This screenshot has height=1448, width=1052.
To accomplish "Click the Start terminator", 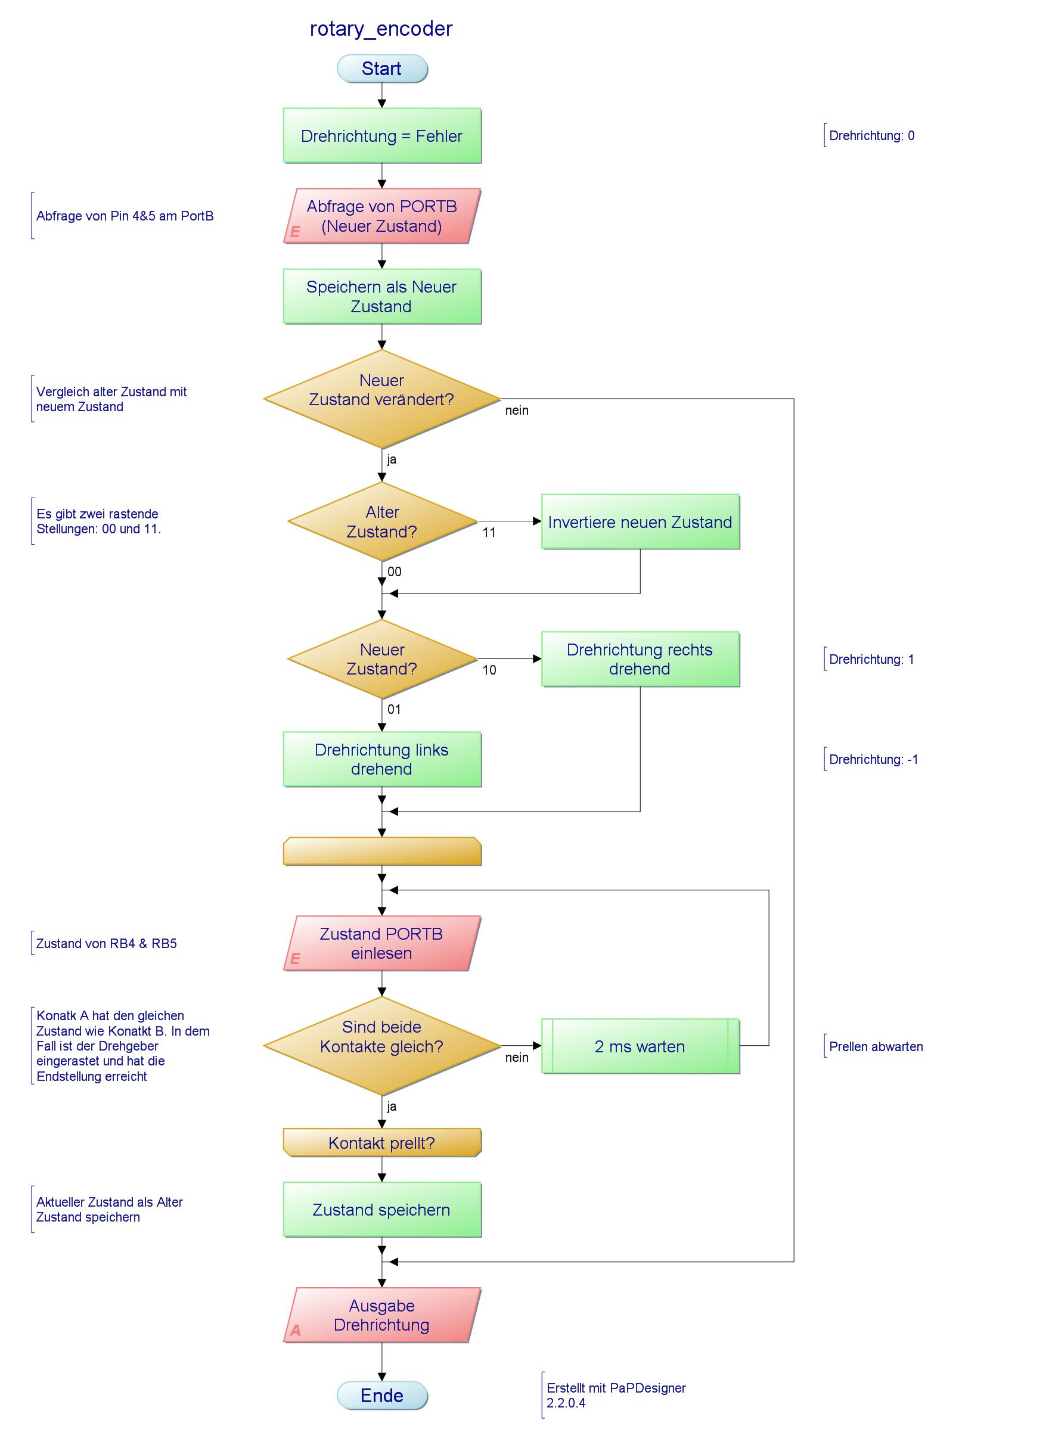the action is point(382,69).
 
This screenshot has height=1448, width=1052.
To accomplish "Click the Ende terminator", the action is point(382,1395).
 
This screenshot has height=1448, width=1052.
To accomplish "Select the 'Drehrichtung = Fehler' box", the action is point(382,135).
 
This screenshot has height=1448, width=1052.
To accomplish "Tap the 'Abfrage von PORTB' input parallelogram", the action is point(382,216).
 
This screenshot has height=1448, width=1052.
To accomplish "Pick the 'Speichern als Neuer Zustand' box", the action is point(382,296).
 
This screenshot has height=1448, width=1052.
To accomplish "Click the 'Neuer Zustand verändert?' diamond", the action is point(382,399).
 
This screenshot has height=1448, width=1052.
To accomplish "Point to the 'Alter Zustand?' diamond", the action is point(382,521).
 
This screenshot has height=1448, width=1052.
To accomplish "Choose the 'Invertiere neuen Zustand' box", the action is point(640,521).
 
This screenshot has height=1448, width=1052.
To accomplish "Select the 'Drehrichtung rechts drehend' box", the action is point(640,659).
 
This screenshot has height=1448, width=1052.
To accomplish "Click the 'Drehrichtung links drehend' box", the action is point(382,759).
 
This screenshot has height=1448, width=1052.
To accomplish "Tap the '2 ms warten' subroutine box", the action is point(640,1046).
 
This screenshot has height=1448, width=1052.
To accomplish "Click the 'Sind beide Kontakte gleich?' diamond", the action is point(382,1046).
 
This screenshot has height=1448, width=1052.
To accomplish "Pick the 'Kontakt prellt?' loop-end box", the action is point(382,1142).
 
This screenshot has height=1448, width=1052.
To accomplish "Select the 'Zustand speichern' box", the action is point(382,1209).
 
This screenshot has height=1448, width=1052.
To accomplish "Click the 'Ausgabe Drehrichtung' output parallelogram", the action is point(382,1315).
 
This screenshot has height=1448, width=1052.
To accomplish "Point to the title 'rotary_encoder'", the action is point(381,29).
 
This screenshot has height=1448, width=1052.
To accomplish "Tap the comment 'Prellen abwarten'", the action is point(876,1046).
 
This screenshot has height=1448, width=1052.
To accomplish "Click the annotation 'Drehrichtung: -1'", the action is point(873,759).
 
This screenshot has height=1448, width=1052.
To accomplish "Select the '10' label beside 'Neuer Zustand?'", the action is point(489,670).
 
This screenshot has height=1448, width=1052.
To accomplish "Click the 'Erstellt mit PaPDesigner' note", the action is point(616,1395).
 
